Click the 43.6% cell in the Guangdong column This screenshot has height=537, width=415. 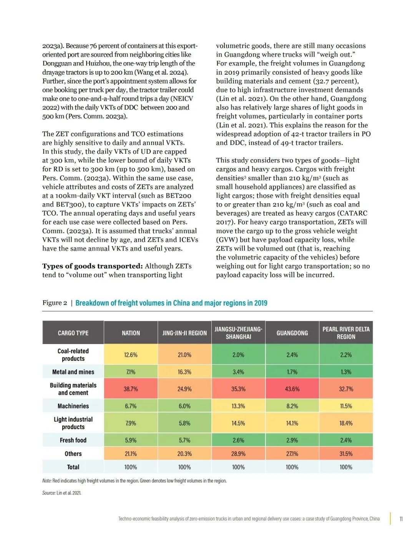click(x=292, y=389)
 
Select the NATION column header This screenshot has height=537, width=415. click(x=131, y=333)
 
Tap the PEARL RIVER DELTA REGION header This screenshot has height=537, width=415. click(x=346, y=333)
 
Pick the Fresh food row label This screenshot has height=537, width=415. click(x=73, y=440)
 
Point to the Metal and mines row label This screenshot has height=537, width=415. click(x=73, y=372)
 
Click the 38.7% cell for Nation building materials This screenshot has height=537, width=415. click(x=131, y=389)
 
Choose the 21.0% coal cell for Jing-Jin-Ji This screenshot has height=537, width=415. click(x=184, y=355)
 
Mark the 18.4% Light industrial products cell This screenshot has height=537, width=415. click(x=346, y=423)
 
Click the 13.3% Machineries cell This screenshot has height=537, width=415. click(x=238, y=406)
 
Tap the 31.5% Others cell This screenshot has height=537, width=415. click(x=346, y=454)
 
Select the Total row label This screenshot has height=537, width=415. click(x=73, y=467)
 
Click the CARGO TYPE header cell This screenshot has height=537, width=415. click(x=73, y=333)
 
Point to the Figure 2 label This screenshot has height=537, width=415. click(x=55, y=303)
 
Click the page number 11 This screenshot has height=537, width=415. click(x=401, y=519)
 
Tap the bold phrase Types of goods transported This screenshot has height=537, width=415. click(x=92, y=266)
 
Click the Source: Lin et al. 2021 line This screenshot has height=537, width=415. click(x=61, y=493)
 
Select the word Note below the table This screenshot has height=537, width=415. click(x=46, y=481)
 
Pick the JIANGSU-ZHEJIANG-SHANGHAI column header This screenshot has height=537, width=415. click(x=238, y=333)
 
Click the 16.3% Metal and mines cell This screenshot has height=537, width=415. click(x=184, y=372)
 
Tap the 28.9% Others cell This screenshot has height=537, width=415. click(x=238, y=454)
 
